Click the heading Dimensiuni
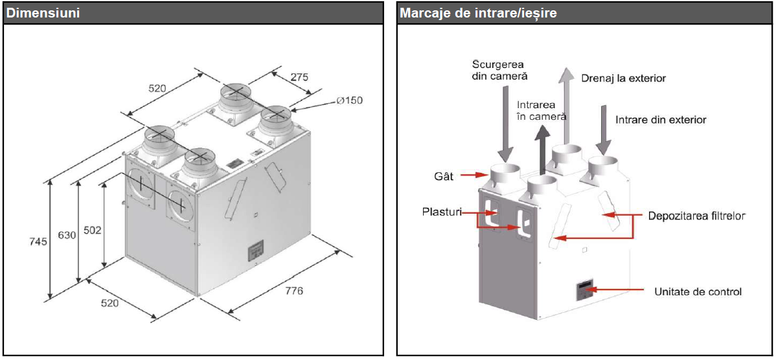click(x=43, y=12)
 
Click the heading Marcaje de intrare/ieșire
click(x=478, y=12)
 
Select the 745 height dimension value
click(x=38, y=242)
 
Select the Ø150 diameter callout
click(x=349, y=100)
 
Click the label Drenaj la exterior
click(x=623, y=78)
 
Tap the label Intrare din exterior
click(x=661, y=120)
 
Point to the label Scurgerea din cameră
click(x=499, y=70)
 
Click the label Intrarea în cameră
click(x=542, y=110)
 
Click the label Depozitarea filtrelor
click(x=696, y=216)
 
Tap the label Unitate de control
click(x=698, y=292)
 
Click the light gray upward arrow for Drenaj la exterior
click(x=566, y=104)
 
